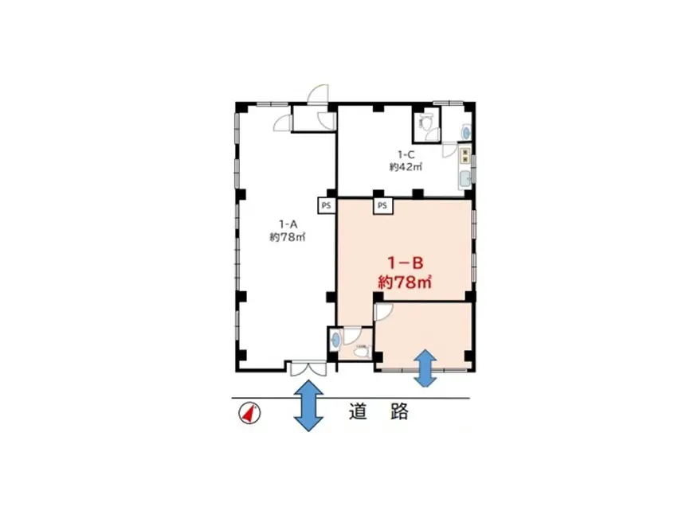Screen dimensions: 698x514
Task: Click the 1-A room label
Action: [288, 224]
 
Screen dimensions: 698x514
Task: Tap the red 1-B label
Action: [405, 263]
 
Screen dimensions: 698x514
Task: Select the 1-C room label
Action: [406, 154]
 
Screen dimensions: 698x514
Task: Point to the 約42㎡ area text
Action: [406, 167]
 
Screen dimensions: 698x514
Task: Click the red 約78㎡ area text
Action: [405, 282]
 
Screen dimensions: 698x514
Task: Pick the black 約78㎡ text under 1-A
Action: [288, 237]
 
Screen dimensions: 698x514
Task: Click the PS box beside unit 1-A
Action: [327, 206]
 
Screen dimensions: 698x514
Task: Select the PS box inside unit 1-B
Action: [382, 205]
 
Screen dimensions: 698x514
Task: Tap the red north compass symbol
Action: [250, 414]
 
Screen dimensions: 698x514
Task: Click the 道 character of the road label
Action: [358, 411]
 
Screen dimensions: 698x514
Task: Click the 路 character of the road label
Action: [399, 411]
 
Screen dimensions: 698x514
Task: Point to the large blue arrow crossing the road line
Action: [308, 405]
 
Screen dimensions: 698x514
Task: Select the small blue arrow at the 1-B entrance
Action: [425, 368]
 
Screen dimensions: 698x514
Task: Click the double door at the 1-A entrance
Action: [308, 369]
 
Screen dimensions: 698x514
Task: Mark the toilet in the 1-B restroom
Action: [362, 351]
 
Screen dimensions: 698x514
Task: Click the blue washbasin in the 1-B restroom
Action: [336, 341]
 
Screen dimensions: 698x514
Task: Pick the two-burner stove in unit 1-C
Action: [465, 155]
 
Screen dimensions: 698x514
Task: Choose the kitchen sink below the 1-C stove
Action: [465, 178]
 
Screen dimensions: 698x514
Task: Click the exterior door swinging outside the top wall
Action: [318, 94]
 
